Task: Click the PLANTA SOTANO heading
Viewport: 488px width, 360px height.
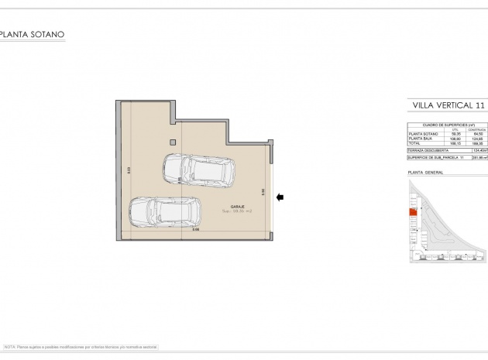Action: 33,34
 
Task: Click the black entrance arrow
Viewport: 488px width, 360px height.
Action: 280,197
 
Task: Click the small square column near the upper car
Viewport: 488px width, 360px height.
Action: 173,142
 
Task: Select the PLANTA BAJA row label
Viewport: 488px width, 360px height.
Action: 422,138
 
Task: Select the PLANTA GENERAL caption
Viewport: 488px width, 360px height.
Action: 425,172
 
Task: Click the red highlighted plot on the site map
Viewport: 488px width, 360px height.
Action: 413,215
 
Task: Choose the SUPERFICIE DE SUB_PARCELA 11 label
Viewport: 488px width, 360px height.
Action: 436,157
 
